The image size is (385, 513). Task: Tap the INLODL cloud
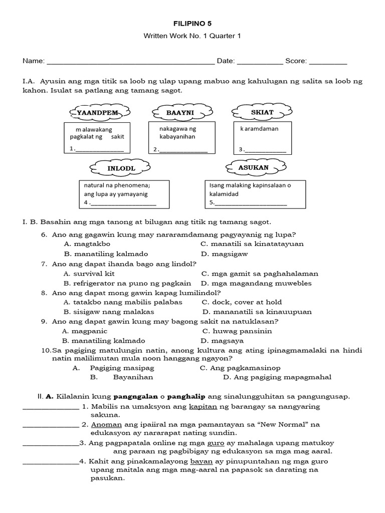tap(121, 168)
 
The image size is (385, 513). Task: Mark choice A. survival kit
tap(89, 274)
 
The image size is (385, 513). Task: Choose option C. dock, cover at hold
tap(242, 302)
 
